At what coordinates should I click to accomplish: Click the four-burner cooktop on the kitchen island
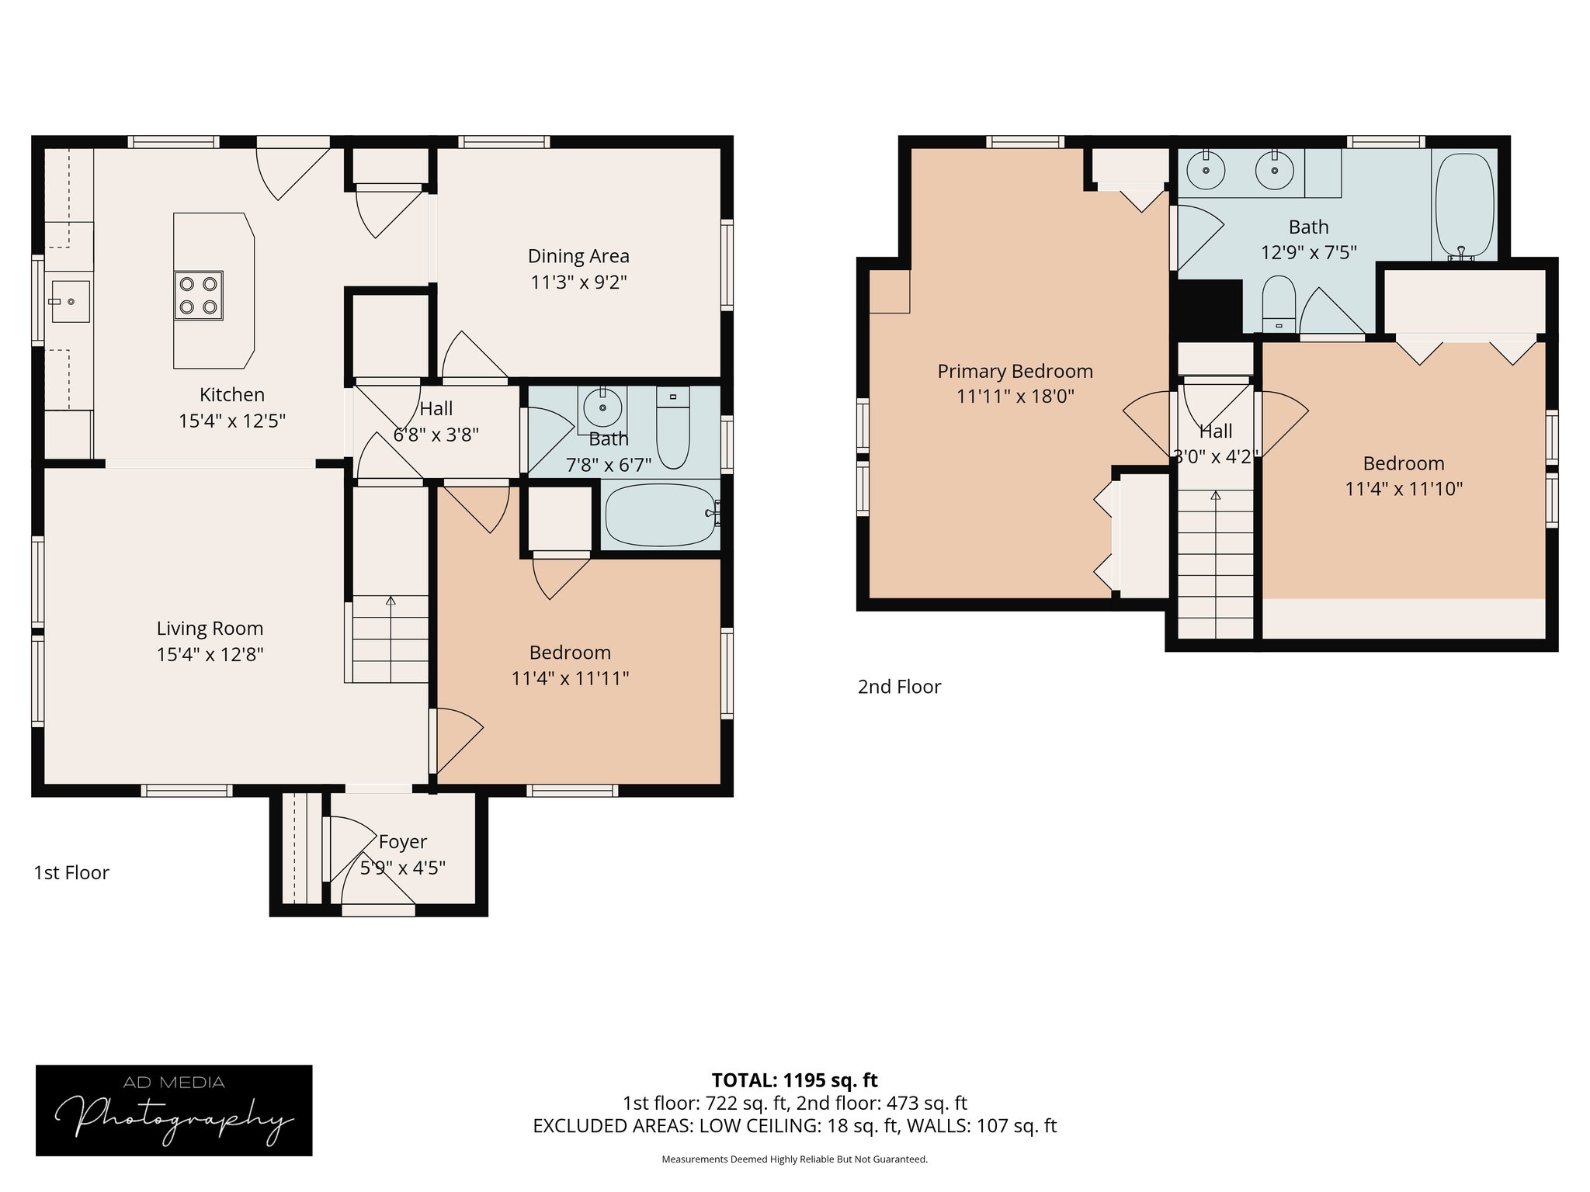point(198,296)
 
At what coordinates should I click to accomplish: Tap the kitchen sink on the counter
point(70,301)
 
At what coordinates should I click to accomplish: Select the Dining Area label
point(578,256)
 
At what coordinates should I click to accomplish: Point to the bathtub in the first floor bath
point(661,515)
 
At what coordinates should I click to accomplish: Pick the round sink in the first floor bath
point(602,407)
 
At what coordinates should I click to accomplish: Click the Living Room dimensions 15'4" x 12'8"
point(210,654)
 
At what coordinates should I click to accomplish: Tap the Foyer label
point(403,842)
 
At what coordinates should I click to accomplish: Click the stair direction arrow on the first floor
point(391,601)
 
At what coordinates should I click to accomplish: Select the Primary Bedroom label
point(1015,372)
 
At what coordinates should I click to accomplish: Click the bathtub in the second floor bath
point(1464,206)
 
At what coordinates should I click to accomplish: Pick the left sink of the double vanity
point(1206,171)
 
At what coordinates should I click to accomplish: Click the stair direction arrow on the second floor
point(1216,495)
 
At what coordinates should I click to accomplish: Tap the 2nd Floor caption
point(899,687)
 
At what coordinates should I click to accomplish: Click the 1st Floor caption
point(71,873)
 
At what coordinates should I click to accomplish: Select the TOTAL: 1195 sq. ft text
point(794,1080)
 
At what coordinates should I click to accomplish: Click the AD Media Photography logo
point(174,1111)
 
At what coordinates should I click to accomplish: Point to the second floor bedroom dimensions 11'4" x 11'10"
point(1404,489)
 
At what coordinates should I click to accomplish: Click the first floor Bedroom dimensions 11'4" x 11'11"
point(570,678)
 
